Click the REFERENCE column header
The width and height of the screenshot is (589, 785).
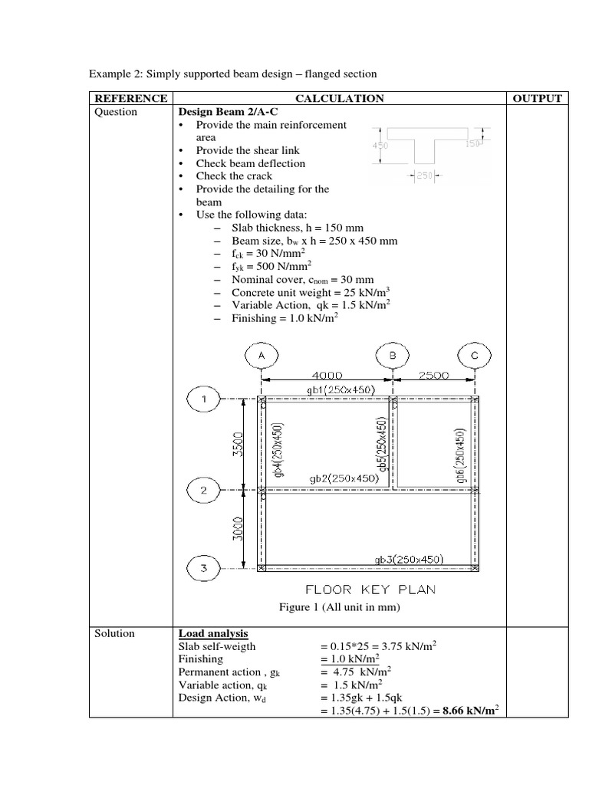pyautogui.click(x=130, y=98)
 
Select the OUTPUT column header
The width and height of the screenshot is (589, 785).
pyautogui.click(x=536, y=98)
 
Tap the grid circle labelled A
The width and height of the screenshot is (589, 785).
pyautogui.click(x=262, y=356)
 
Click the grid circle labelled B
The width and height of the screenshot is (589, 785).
pyautogui.click(x=393, y=356)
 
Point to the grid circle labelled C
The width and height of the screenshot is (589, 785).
pyautogui.click(x=475, y=356)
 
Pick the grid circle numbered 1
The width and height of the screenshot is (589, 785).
pyautogui.click(x=204, y=399)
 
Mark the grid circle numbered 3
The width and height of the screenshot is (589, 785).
pyautogui.click(x=204, y=568)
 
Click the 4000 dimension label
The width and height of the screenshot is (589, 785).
pyautogui.click(x=327, y=375)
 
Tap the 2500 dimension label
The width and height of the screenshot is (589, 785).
pyautogui.click(x=433, y=375)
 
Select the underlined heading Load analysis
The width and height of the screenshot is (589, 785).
pyautogui.click(x=213, y=633)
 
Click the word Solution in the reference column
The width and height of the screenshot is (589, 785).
pyautogui.click(x=115, y=633)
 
